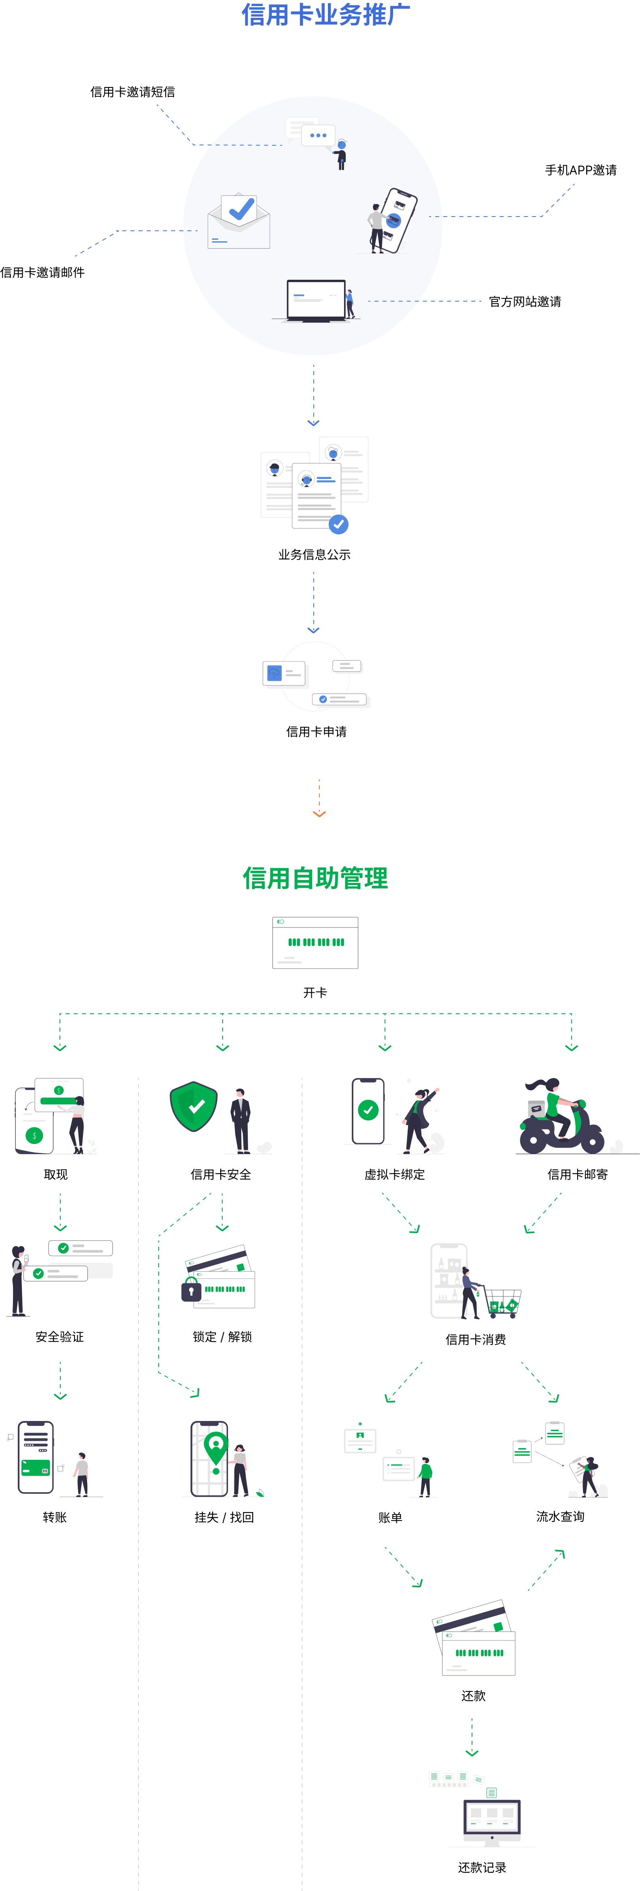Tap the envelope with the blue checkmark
(238, 222)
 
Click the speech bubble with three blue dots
(319, 136)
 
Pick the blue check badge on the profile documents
(338, 524)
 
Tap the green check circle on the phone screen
(368, 1110)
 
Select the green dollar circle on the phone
(34, 1136)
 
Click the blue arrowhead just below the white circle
(313, 423)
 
